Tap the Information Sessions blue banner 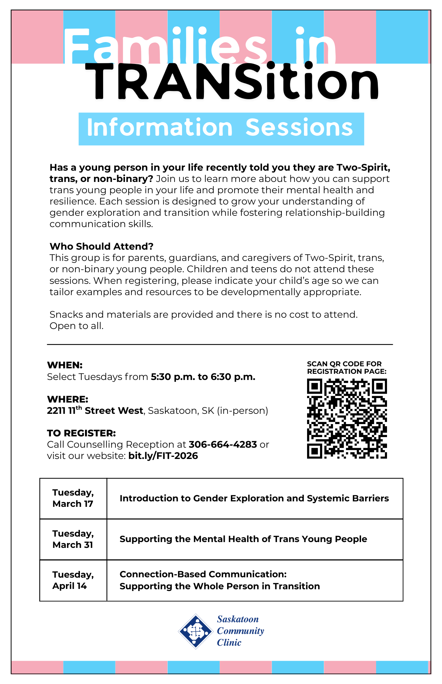pos(221,129)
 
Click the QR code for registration pos(347,418)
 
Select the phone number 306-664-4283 pos(223,444)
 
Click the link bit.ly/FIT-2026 pos(163,456)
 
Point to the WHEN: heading pos(65,365)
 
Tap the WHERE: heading pos(68,399)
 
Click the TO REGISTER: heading pos(81,433)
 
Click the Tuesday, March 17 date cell pos(73,498)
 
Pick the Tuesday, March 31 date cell pos(73,539)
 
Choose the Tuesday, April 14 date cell pos(73,580)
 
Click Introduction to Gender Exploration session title pos(254,498)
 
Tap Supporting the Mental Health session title pos(243,539)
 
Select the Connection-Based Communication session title pos(220,580)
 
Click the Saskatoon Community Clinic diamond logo pos(196,631)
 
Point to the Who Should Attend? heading pos(101,246)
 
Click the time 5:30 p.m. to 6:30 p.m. pos(203,377)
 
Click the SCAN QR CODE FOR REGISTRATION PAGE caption pos(346,368)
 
